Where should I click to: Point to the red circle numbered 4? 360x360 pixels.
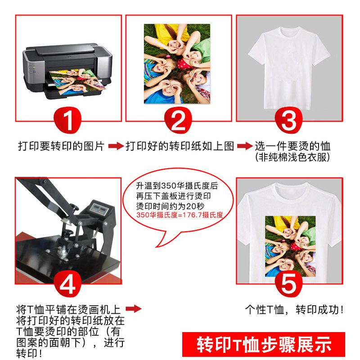coord(68,283)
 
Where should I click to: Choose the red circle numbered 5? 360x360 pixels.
coord(288,283)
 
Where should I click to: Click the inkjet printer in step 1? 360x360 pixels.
coord(67,67)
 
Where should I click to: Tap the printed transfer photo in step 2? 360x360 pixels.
coord(177,63)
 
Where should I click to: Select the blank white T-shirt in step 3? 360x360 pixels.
coord(289,63)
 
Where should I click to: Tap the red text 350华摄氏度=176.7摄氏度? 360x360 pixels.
coord(180,215)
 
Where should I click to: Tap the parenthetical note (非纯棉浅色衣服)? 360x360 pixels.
coord(292,157)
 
